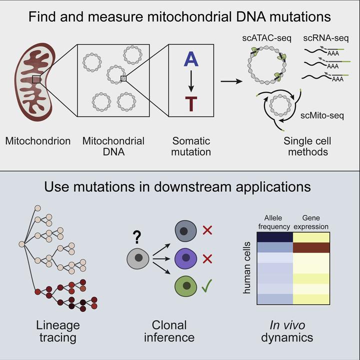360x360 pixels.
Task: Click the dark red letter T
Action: click(x=191, y=104)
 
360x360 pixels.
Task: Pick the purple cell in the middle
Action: click(x=185, y=260)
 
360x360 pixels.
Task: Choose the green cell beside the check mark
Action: click(x=185, y=287)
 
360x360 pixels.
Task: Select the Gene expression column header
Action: click(x=311, y=223)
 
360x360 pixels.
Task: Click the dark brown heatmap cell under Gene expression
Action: click(x=311, y=247)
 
